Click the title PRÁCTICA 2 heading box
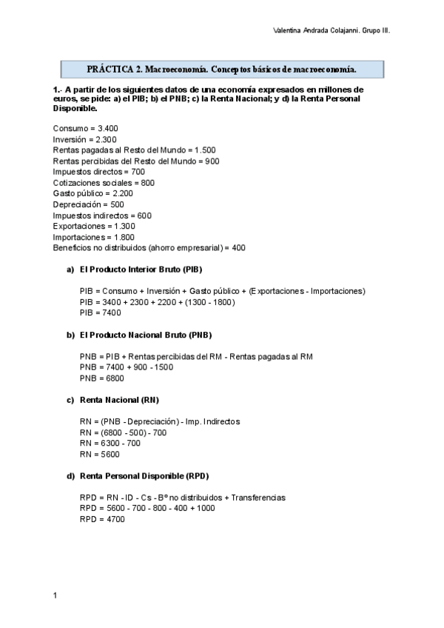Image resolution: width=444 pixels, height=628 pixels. pos(221,70)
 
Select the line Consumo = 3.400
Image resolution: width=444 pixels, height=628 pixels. pos(86,128)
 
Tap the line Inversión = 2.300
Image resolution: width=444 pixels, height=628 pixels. pos(85,139)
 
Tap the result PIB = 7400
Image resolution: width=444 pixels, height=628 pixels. pos(100,313)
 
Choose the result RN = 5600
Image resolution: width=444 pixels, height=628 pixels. pos(98,454)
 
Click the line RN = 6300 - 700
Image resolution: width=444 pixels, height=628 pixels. pos(110,444)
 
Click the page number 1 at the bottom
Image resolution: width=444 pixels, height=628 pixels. pos(55,595)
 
